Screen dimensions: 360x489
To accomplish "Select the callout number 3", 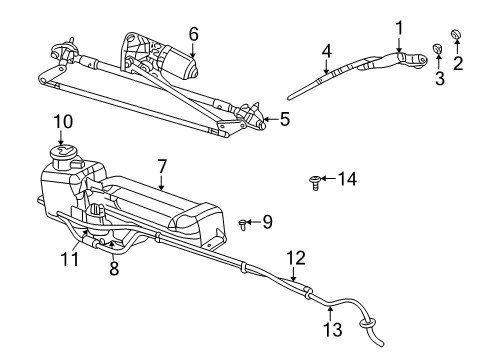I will click(x=437, y=79).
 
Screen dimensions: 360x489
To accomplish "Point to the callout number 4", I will click(x=326, y=49).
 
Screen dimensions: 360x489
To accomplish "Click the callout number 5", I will click(x=285, y=120).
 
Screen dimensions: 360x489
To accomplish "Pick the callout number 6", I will click(x=194, y=32).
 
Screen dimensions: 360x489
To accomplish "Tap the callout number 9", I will click(x=267, y=222).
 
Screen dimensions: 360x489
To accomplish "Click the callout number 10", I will click(x=62, y=122).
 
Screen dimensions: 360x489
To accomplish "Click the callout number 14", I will click(x=347, y=180).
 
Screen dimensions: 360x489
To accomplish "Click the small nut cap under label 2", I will click(x=455, y=38).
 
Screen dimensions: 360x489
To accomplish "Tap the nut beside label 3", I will click(x=436, y=49).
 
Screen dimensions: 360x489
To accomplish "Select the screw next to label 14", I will click(x=315, y=181).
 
